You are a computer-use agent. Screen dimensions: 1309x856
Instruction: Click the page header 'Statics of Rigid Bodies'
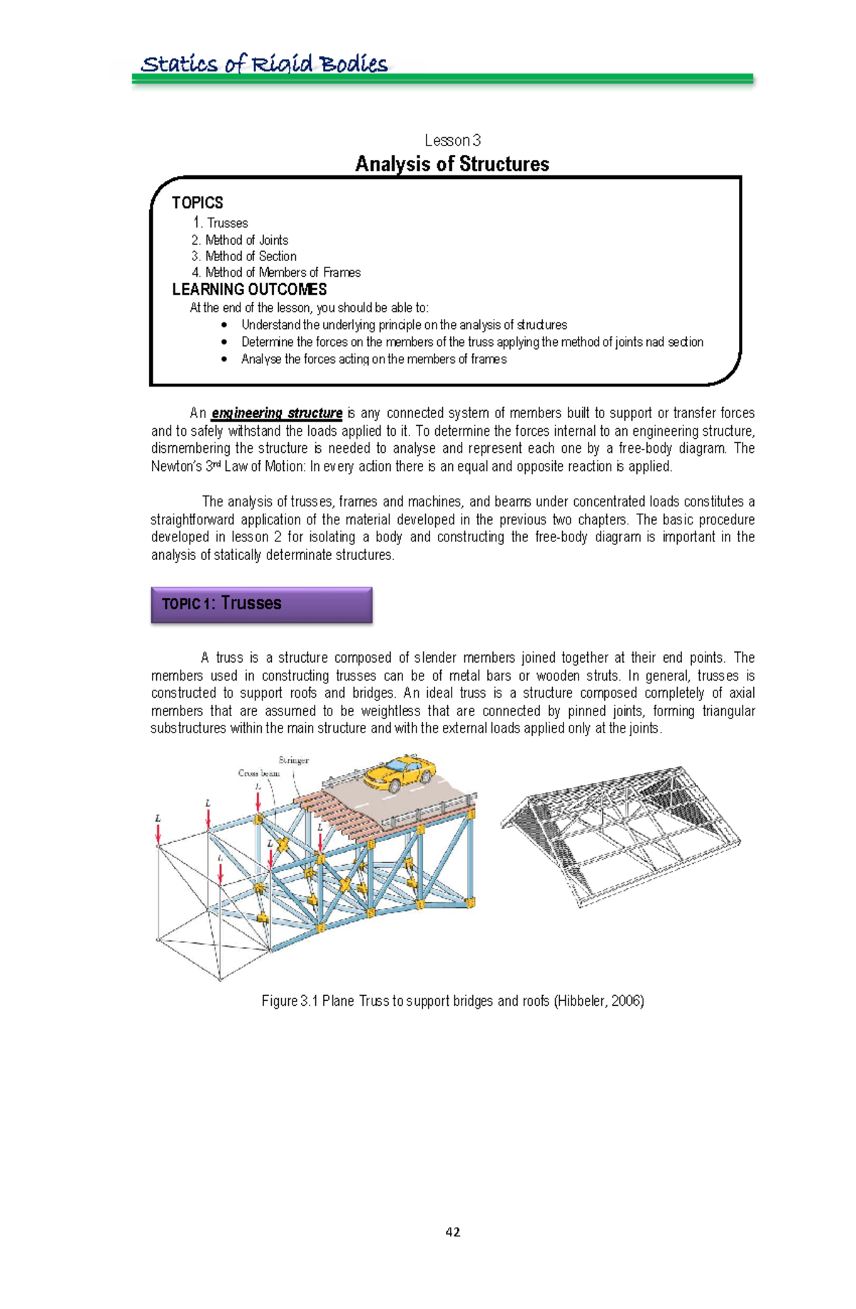pos(264,64)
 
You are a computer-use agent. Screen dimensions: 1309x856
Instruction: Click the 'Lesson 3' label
pos(452,141)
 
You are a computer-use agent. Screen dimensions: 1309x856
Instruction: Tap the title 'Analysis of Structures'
pos(452,164)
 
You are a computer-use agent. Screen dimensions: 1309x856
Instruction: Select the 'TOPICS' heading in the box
pos(198,203)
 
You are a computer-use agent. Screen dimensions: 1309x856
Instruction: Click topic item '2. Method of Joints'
pos(240,240)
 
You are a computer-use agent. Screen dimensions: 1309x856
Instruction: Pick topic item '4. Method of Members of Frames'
pos(276,273)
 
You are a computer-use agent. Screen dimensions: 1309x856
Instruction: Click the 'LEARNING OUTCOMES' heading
pos(250,290)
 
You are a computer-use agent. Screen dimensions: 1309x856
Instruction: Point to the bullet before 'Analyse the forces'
pos(225,360)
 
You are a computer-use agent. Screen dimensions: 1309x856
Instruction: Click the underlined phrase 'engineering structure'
pos(277,413)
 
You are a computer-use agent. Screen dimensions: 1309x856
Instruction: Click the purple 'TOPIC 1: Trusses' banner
pos(261,604)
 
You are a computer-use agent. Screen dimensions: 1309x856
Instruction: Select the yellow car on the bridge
pos(399,774)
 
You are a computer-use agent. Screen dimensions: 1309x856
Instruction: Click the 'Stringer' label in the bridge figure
pos(293,760)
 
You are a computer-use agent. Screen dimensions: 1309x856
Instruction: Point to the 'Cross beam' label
pos(258,773)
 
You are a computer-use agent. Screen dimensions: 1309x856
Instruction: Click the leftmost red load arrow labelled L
pos(158,832)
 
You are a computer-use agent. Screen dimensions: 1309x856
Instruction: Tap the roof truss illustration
pos(621,835)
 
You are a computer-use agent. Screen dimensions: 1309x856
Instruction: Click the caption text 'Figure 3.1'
pos(289,1001)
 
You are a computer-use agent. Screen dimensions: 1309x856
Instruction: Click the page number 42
pos(452,1232)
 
